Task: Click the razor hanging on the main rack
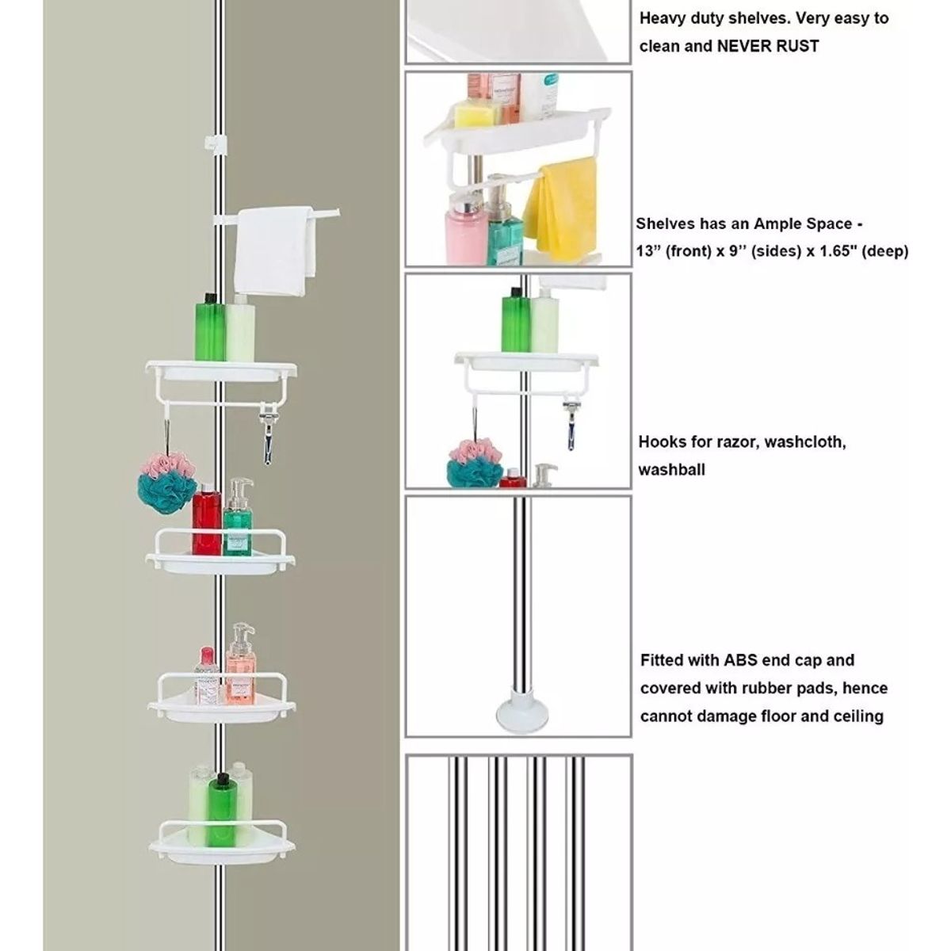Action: [268, 434]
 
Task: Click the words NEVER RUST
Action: [768, 47]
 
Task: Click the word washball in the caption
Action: [672, 470]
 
